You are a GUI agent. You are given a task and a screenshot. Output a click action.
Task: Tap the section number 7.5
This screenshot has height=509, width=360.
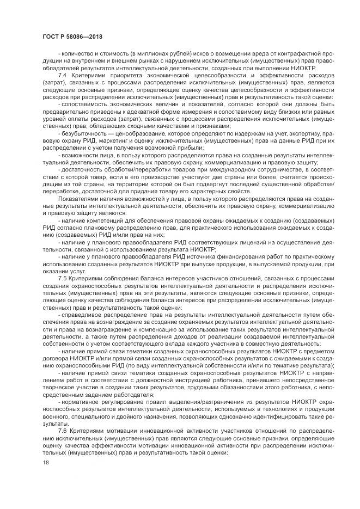(x=62, y=277)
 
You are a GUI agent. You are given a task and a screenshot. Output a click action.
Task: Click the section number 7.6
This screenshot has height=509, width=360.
(x=62, y=430)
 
